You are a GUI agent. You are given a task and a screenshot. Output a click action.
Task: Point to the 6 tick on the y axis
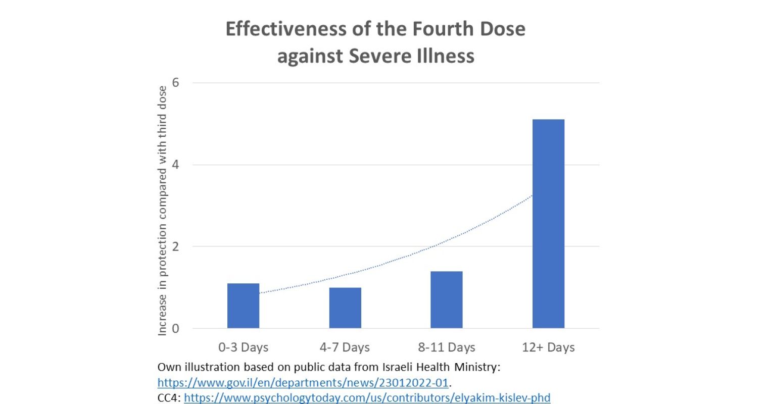(176, 83)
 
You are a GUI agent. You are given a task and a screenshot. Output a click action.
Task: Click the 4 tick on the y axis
(176, 165)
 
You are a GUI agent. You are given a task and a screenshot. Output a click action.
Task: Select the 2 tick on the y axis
(176, 247)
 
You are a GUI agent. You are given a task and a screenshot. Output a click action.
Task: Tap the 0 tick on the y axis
(176, 329)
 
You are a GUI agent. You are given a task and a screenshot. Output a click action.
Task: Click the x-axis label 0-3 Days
(243, 347)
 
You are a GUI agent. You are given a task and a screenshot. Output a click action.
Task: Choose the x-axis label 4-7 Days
(345, 347)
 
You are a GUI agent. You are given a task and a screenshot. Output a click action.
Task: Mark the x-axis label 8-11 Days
(447, 347)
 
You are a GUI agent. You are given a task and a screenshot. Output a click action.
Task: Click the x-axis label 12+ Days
(548, 347)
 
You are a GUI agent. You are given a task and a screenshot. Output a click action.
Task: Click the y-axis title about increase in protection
(162, 211)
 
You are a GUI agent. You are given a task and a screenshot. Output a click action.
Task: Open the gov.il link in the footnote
(303, 382)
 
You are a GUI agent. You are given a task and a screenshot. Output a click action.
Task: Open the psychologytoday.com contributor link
(367, 397)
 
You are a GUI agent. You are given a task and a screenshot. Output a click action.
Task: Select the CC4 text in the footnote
(168, 397)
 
